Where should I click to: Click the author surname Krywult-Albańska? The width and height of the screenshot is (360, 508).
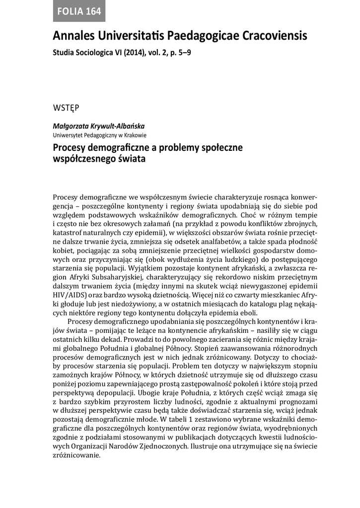[x=116, y=127]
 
